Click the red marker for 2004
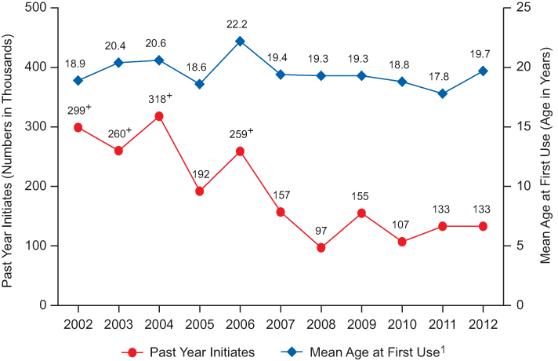[159, 116]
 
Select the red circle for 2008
[321, 247]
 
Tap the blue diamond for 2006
[240, 41]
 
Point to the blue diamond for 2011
[442, 93]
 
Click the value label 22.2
[240, 24]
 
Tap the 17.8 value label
[442, 75]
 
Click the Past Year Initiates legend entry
[187, 352]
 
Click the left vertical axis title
[9, 155]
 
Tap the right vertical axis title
[548, 155]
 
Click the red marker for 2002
[78, 127]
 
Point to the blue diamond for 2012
[483, 71]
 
